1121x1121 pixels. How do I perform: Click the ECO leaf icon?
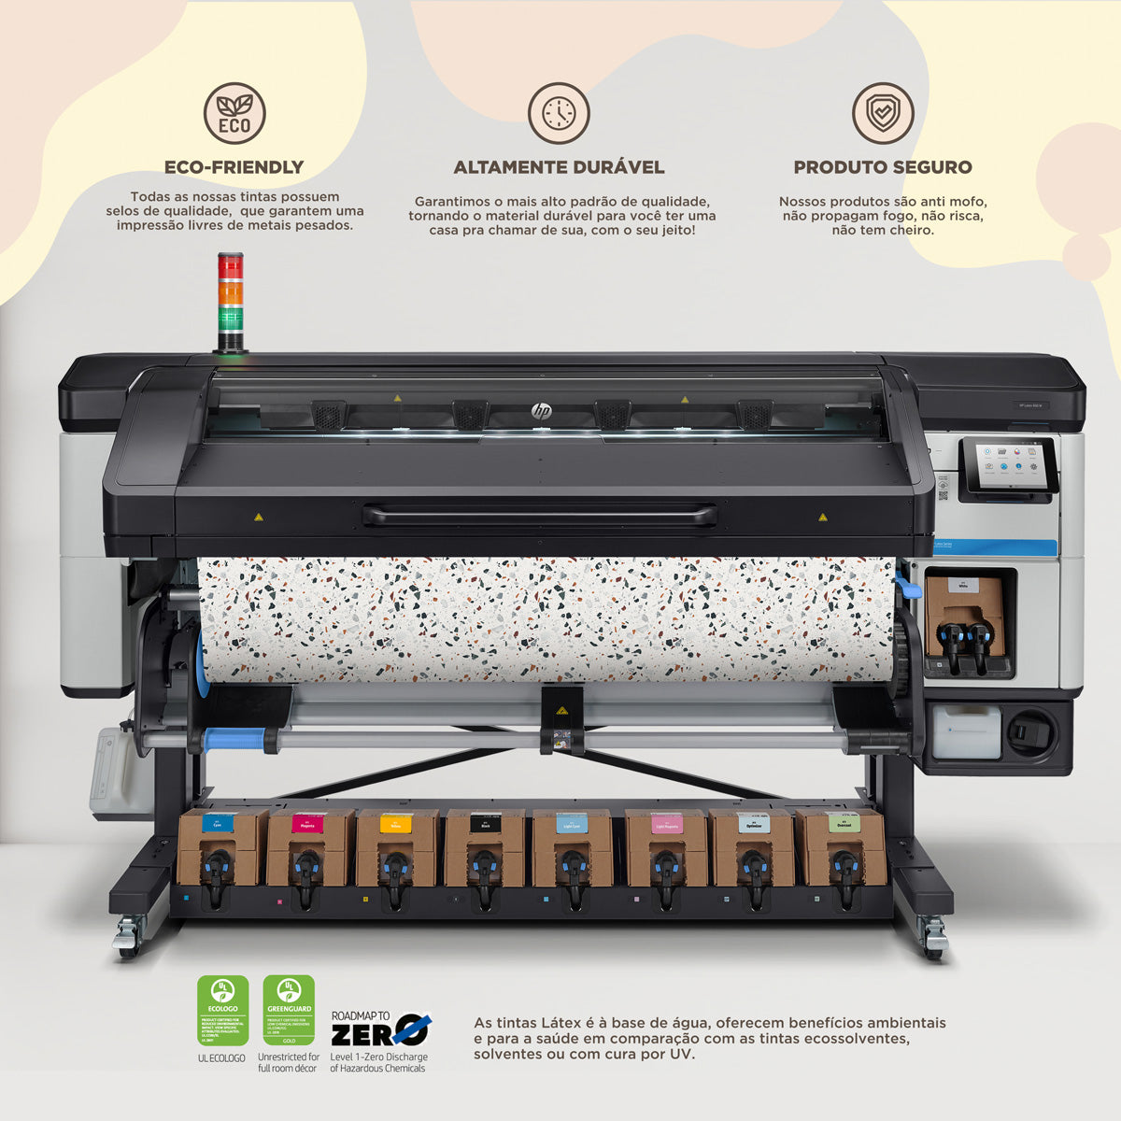pyautogui.click(x=234, y=113)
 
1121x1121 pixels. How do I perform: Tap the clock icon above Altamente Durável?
pyautogui.click(x=559, y=113)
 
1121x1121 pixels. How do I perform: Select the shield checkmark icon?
pyautogui.click(x=882, y=113)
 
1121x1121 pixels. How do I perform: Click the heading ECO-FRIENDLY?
pyautogui.click(x=234, y=167)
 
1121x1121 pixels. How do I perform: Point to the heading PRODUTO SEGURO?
pyautogui.click(x=883, y=167)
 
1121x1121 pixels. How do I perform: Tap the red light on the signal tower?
pyautogui.click(x=230, y=266)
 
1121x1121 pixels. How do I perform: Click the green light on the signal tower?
pyautogui.click(x=230, y=318)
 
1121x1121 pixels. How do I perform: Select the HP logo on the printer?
pyautogui.click(x=542, y=411)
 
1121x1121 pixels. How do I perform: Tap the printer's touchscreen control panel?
pyautogui.click(x=1009, y=464)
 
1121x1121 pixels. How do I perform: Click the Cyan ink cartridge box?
pyautogui.click(x=218, y=846)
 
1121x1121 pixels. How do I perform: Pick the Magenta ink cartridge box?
pyautogui.click(x=306, y=846)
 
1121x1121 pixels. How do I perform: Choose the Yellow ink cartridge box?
pyautogui.click(x=396, y=846)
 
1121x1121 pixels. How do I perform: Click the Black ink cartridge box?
pyautogui.click(x=484, y=846)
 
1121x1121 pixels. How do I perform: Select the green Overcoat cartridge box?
pyautogui.click(x=844, y=846)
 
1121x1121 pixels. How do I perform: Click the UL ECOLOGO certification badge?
pyautogui.click(x=222, y=1011)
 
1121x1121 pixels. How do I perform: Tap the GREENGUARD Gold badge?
pyautogui.click(x=289, y=1011)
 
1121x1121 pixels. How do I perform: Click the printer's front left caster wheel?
pyautogui.click(x=128, y=936)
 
